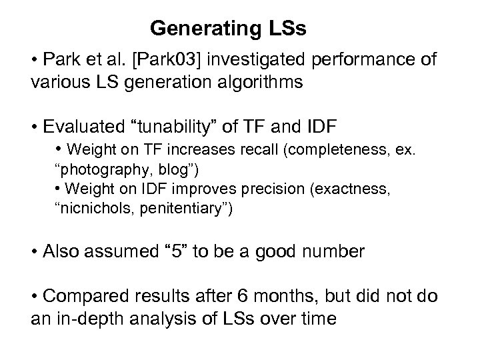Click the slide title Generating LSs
228,29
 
